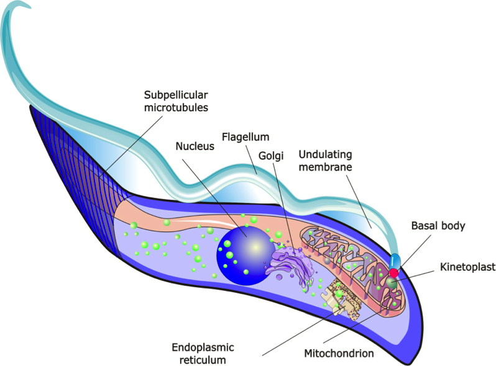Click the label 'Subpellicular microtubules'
tap(176, 101)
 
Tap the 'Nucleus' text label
tap(195, 146)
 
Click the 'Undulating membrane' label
tap(326, 161)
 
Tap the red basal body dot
tap(393, 272)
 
